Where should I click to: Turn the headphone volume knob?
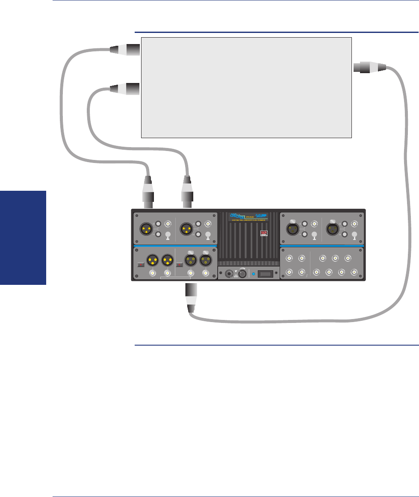tap(242, 273)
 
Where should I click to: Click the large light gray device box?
tap(246, 87)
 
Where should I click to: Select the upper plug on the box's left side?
tap(124, 50)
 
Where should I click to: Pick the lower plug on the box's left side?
tap(124, 89)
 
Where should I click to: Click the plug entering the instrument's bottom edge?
tap(191, 298)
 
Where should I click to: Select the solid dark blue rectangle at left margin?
tap(23, 238)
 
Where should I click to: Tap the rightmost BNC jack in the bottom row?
tap(354, 272)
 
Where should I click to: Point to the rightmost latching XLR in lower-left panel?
tap(206, 260)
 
